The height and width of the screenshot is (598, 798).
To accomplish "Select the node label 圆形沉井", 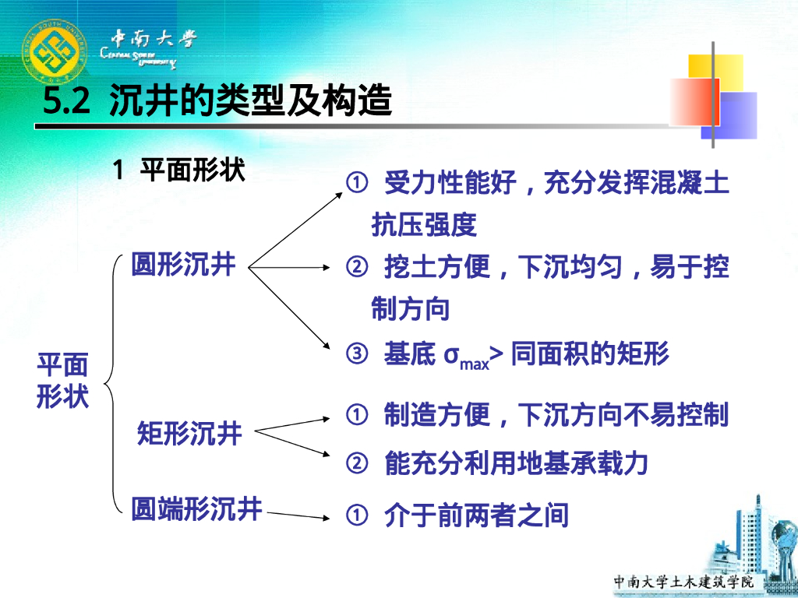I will pyautogui.click(x=183, y=265).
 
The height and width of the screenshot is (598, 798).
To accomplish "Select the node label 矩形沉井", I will pyautogui.click(x=189, y=433).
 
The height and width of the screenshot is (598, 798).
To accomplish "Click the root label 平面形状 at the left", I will pyautogui.click(x=63, y=381).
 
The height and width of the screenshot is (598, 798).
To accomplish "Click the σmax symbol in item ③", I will pyautogui.click(x=466, y=357).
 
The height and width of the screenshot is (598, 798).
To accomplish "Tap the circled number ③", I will pyautogui.click(x=356, y=355).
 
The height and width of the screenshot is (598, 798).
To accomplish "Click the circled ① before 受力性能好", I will pyautogui.click(x=356, y=184).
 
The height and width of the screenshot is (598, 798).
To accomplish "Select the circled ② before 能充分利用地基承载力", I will pyautogui.click(x=356, y=464).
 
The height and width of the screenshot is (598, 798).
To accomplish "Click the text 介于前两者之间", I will pyautogui.click(x=476, y=515).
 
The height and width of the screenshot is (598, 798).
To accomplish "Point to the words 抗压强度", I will pyautogui.click(x=424, y=225).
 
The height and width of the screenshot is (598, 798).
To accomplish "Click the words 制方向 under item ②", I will pyautogui.click(x=411, y=309).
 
